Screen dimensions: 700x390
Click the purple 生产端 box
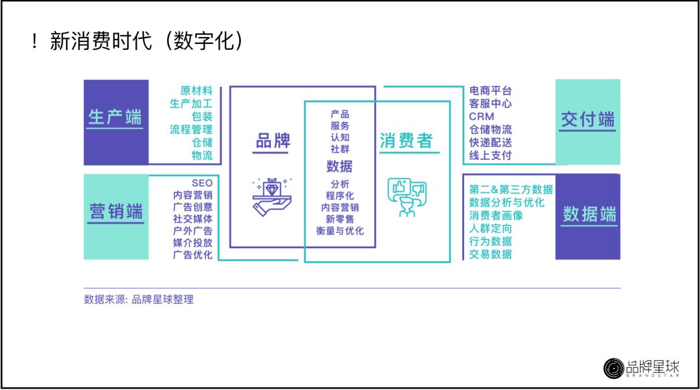coord(116,122)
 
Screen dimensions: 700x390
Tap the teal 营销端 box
coord(116,217)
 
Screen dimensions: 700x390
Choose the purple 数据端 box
coord(588,216)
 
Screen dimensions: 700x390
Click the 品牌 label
coord(273,141)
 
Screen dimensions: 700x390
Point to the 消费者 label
coord(406,141)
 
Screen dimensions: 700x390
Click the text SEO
coord(202,183)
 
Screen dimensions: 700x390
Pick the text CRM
coord(482,117)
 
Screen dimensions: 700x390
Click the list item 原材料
coord(196,91)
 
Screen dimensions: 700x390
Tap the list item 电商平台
coord(491,91)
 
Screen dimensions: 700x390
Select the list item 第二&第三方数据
coord(511,190)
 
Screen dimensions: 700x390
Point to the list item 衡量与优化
coord(340,231)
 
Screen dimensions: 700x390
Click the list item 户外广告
coord(192,230)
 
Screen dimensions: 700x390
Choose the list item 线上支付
coord(491,155)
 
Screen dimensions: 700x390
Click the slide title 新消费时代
coord(100,41)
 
